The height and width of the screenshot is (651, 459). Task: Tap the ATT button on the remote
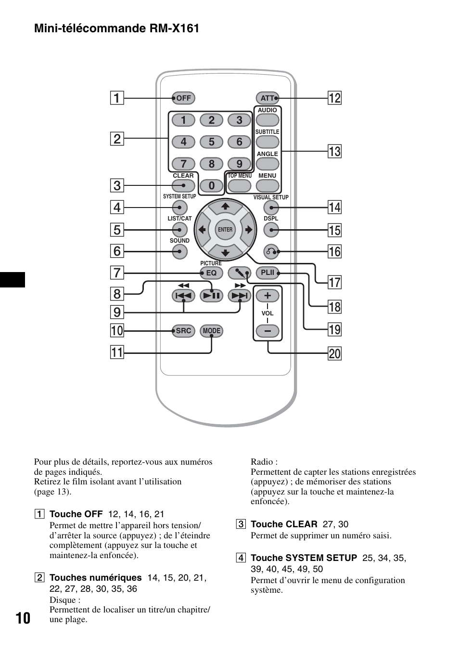[x=268, y=98]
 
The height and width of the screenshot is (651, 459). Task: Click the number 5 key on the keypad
[x=211, y=142]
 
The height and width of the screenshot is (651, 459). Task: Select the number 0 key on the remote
[x=211, y=185]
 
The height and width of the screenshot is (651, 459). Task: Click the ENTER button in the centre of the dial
[x=225, y=230]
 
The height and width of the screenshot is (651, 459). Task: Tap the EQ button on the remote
[x=211, y=273]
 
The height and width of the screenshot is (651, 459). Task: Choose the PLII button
[x=268, y=273]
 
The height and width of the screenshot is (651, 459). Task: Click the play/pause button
[x=211, y=296]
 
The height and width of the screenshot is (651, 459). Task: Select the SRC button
[x=183, y=331]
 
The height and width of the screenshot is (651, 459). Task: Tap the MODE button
[x=211, y=331]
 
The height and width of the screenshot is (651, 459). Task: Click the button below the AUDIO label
[x=268, y=120]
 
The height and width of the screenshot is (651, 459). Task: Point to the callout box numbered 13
[x=334, y=151]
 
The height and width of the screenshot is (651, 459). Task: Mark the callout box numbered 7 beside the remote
[x=117, y=273]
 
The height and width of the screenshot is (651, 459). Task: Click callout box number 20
[x=334, y=354]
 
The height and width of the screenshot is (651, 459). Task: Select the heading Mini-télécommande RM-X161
[x=117, y=28]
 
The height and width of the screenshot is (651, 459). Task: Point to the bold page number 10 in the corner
[x=23, y=618]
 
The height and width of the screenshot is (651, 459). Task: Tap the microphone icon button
[x=240, y=273]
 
